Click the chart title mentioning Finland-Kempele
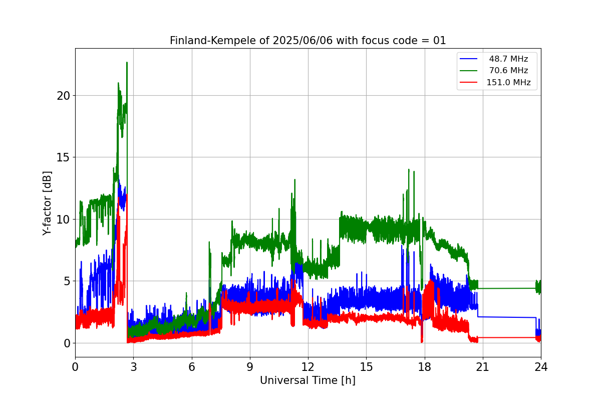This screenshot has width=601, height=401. (308, 41)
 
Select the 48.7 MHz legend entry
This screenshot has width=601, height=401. (508, 59)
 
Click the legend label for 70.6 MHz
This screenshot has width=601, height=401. (508, 70)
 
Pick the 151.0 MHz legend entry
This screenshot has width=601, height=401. (508, 82)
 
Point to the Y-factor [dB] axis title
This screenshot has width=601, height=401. (47, 204)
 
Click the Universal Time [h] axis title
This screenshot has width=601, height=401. (308, 380)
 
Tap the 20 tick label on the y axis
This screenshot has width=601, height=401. (63, 96)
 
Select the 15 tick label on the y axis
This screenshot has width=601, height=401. (63, 158)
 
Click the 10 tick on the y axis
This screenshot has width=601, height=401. (63, 220)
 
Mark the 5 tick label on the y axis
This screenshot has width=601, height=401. (67, 282)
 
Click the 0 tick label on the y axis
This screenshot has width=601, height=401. (67, 343)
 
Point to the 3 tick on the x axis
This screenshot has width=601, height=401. (134, 367)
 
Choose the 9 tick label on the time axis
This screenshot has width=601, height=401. (250, 367)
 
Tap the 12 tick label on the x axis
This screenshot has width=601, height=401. (308, 367)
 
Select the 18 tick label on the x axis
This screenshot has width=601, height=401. (425, 367)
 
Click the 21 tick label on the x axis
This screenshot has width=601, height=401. (483, 367)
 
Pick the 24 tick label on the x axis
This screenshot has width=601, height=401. (541, 367)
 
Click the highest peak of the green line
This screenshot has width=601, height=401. (127, 63)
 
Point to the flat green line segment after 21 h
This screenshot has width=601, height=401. (507, 288)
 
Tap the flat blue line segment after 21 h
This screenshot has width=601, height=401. (507, 317)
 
